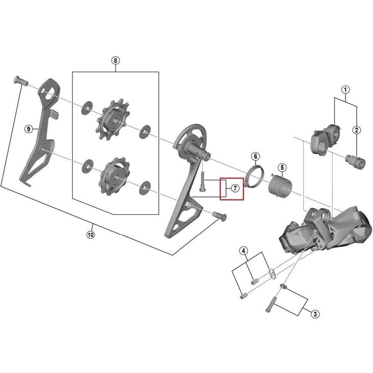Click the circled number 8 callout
point(116,61)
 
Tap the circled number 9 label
point(28,129)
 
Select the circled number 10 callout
point(90,235)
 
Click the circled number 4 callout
point(243,251)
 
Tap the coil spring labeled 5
point(281,186)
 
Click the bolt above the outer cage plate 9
point(21,80)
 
